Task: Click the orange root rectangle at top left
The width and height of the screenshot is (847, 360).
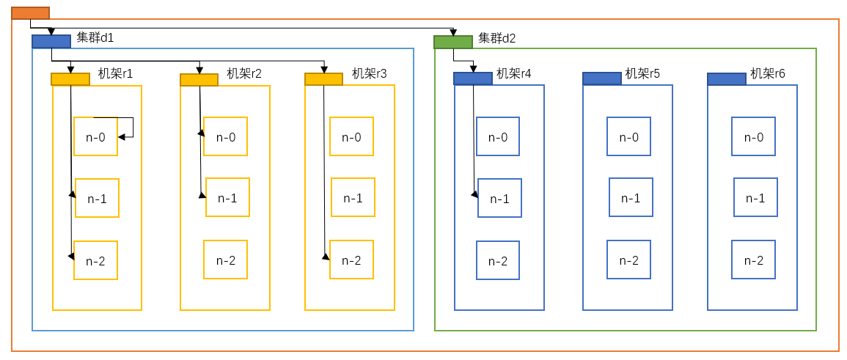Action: (30, 12)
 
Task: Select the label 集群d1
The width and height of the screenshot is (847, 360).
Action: (95, 37)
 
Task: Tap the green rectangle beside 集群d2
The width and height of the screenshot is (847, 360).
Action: (452, 42)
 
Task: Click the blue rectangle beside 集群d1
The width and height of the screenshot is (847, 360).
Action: (51, 42)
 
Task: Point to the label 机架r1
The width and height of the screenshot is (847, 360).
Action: (116, 73)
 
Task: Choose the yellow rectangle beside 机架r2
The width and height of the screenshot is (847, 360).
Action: (199, 80)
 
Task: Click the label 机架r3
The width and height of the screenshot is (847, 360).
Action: (369, 73)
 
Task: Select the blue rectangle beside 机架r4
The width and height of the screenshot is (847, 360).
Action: (472, 78)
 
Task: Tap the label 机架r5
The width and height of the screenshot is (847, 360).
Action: (642, 73)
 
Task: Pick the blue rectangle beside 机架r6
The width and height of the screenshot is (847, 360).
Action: (726, 78)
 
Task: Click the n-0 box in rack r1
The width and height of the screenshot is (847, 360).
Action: (95, 136)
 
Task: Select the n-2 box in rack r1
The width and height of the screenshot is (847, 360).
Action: (95, 260)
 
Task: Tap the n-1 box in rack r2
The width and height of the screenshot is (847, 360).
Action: (227, 197)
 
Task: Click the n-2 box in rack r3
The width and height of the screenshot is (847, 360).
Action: (351, 260)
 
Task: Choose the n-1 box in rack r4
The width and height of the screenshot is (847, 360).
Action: (499, 198)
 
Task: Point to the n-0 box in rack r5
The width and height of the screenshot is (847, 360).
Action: (628, 136)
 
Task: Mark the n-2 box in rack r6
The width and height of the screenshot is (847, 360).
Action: (753, 260)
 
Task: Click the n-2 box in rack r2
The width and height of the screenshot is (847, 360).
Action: (225, 260)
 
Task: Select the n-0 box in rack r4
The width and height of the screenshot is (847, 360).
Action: (497, 136)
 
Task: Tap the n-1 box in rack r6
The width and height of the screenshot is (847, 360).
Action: (755, 197)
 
